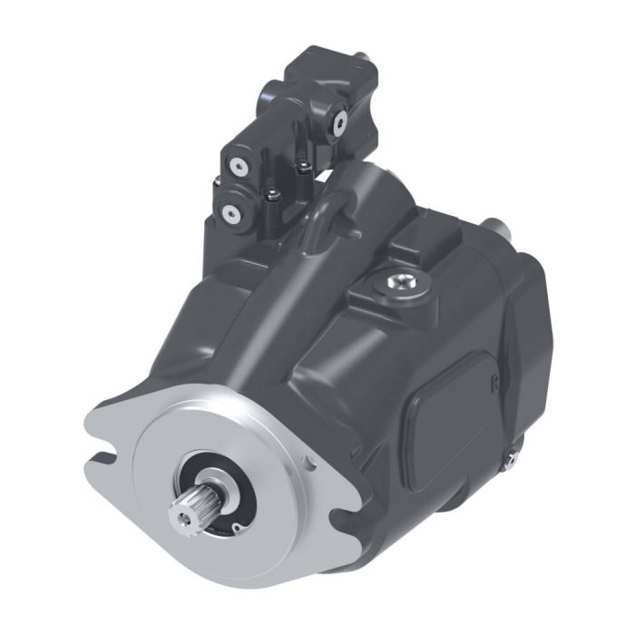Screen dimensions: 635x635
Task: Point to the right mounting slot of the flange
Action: (x=344, y=526)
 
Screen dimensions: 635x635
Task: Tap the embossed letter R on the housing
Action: (x=496, y=384)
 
